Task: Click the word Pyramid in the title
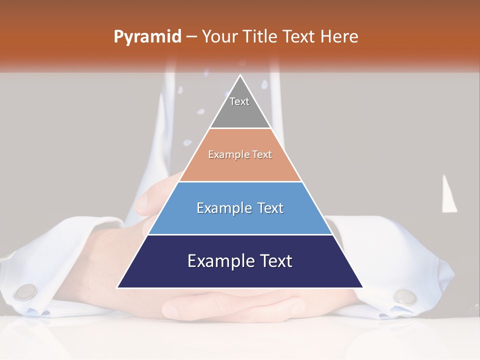click(x=147, y=37)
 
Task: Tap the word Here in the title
click(x=339, y=36)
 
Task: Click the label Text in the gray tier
click(x=239, y=101)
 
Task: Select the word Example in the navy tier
click(x=218, y=261)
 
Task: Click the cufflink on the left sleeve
click(x=25, y=292)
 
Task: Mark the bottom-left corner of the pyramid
click(x=118, y=287)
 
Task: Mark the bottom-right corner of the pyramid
click(x=362, y=287)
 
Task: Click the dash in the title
click(x=191, y=37)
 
